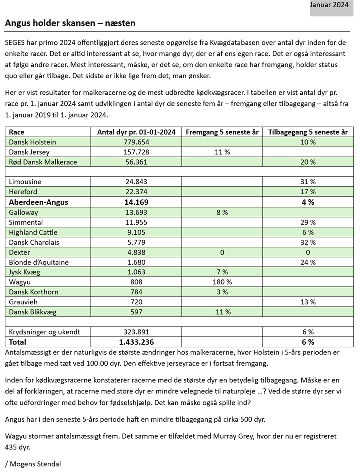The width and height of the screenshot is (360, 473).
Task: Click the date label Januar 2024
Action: (329, 5)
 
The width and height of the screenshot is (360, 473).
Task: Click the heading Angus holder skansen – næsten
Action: (70, 23)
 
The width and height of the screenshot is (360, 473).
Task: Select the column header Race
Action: (17, 132)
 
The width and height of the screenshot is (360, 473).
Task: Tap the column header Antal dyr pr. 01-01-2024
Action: (136, 132)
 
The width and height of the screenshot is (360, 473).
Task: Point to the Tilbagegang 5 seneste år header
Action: (308, 132)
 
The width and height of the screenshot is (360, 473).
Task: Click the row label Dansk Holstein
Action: (33, 142)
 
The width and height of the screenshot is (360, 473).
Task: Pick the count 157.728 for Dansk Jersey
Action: (136, 152)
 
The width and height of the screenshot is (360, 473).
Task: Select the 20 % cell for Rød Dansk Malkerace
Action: (308, 162)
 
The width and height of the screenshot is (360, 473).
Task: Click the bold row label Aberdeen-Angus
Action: (38, 202)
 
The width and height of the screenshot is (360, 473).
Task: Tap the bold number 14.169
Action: (136, 202)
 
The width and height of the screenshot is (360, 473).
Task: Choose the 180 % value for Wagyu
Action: (222, 282)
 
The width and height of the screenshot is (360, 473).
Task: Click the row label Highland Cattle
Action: (33, 232)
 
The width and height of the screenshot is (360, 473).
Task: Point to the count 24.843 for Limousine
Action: (136, 182)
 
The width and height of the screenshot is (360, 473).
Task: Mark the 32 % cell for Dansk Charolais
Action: (308, 242)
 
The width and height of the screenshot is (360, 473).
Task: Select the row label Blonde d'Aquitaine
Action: (39, 262)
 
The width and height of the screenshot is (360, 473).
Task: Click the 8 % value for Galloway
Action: (222, 212)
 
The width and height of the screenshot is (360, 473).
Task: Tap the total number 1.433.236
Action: (136, 342)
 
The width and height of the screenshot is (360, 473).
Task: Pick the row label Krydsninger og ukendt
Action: (45, 332)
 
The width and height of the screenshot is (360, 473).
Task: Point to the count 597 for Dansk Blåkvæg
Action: (136, 312)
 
